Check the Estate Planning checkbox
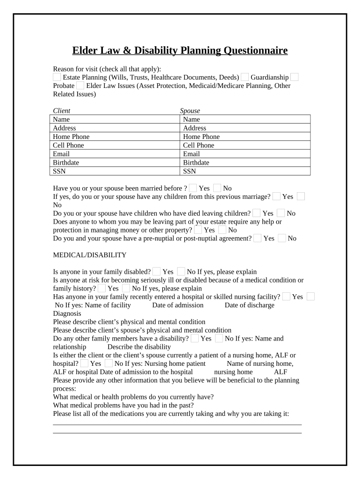pos(57,77)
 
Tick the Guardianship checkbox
pos(245,77)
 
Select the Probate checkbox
pos(295,77)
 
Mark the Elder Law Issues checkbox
pos(80,86)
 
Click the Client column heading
pos(62,111)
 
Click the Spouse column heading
pos(190,111)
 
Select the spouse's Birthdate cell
pos(245,162)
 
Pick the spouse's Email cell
pos(245,154)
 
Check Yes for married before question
pos(193,188)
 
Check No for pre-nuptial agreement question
pos(282,238)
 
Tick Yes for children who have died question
pos(257,213)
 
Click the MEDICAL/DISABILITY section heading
pos(90,255)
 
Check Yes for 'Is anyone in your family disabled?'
pos(157,271)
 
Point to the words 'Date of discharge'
pos(250,305)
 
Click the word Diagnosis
pos(67,313)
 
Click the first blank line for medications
pos(177,424)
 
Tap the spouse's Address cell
pos(245,128)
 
